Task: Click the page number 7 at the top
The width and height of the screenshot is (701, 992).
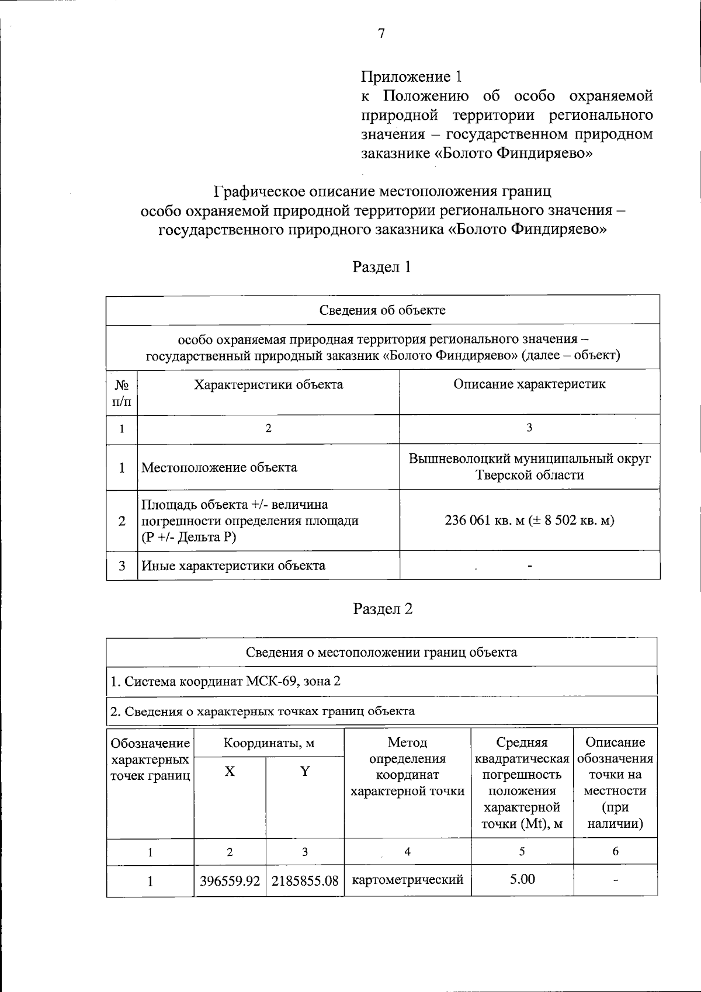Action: pos(381,34)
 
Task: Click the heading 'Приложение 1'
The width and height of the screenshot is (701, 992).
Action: pos(412,77)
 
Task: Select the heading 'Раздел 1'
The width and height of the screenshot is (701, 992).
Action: pos(381,267)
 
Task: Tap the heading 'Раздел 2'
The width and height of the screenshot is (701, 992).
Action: pos(383,609)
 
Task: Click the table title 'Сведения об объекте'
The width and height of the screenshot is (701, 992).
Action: pos(383,310)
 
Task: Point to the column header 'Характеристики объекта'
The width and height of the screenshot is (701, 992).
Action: pos(268,384)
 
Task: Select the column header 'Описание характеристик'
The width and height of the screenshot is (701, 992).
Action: pos(529,384)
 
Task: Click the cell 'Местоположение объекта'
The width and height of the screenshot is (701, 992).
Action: pos(219,467)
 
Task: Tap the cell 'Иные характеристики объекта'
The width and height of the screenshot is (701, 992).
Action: pos(233,566)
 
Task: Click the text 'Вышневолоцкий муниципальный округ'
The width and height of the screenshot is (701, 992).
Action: pos(529,459)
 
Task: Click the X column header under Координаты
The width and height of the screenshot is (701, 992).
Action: pos(230,771)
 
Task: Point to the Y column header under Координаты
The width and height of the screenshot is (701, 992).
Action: pos(305,771)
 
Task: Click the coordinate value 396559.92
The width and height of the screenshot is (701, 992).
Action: pos(230,880)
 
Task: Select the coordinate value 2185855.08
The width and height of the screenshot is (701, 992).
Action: pos(305,880)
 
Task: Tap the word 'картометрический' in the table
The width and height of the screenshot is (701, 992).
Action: pos(408,879)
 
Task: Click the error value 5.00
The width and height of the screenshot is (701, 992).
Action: pos(522,879)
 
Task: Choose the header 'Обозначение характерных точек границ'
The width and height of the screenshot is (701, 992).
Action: pos(150,759)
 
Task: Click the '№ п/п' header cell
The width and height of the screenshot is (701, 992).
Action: pos(122,393)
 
